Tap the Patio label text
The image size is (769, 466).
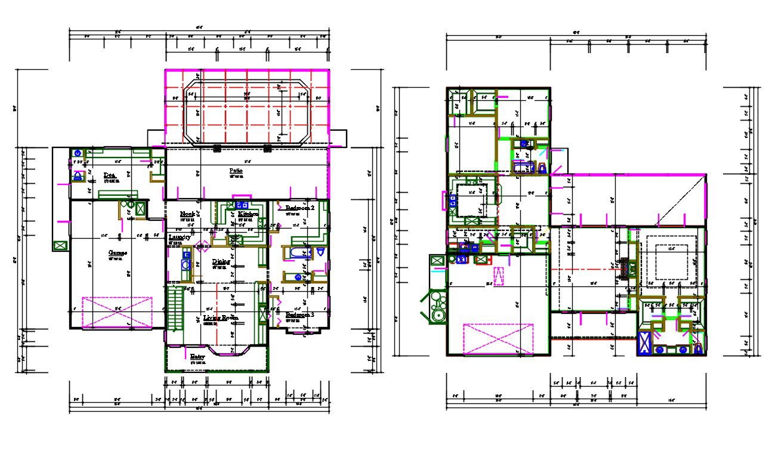[x=236, y=171]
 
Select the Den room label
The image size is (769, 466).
[x=109, y=175]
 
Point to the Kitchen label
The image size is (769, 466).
[x=248, y=214]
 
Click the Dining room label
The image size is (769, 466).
[x=221, y=261]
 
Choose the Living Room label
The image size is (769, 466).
[x=220, y=318]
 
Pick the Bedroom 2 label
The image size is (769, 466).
[x=299, y=208]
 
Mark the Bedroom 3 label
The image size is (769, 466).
[x=299, y=314]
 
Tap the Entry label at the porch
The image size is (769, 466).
[x=197, y=357]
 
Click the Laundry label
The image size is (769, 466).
[x=179, y=237]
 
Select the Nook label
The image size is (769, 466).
[x=189, y=214]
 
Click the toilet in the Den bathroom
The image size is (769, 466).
[x=78, y=176]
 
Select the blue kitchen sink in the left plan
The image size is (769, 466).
[x=243, y=206]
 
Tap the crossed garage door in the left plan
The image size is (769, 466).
[x=117, y=311]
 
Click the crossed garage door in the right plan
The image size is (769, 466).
[x=498, y=339]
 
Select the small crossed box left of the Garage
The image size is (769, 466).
[x=60, y=245]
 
